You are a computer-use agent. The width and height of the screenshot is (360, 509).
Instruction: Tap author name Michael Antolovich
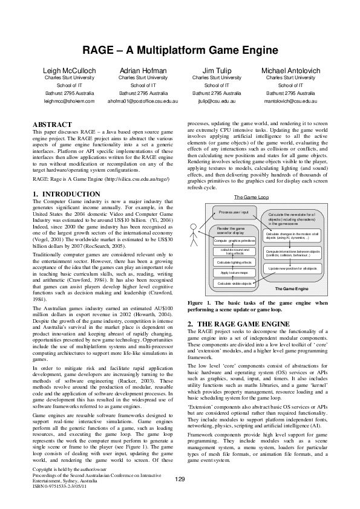(x=290, y=71)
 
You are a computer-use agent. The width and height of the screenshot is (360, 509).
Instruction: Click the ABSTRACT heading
(x=53, y=124)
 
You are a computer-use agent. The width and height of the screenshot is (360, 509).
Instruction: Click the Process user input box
(x=234, y=213)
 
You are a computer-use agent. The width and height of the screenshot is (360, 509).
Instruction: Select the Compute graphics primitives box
(x=235, y=241)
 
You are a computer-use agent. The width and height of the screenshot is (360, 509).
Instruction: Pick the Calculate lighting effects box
(x=234, y=262)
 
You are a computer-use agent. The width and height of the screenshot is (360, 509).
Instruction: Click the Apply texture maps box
(x=234, y=273)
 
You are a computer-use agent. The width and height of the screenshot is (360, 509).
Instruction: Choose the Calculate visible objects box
(x=234, y=284)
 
